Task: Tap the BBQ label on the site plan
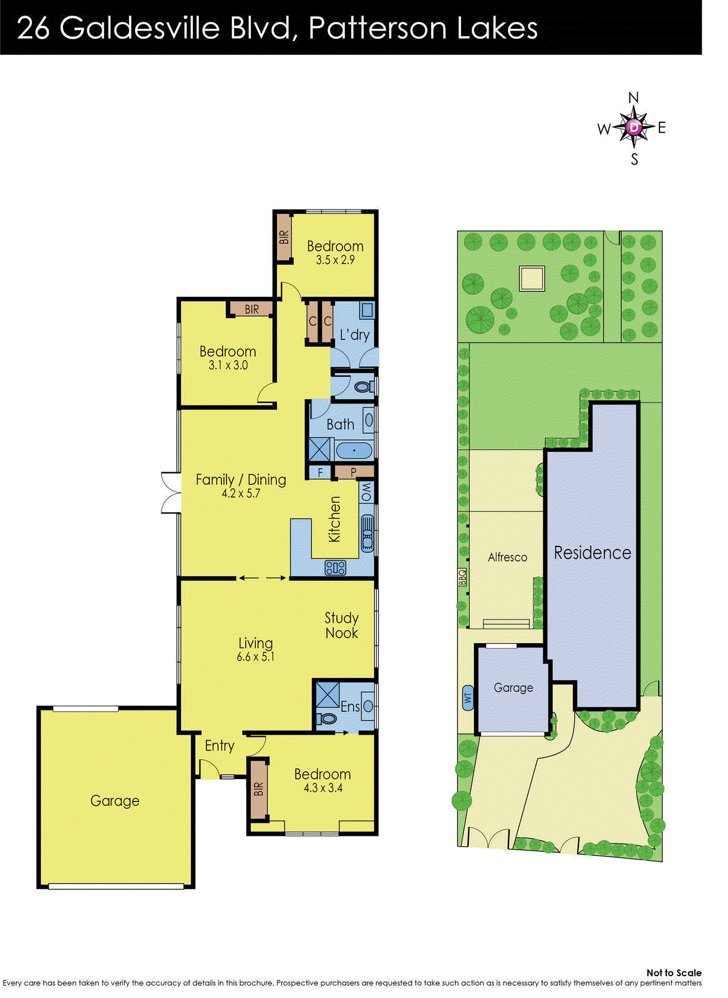click(x=463, y=576)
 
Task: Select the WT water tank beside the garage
click(x=467, y=697)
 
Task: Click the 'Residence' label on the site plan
click(x=592, y=553)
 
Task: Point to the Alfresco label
click(x=507, y=558)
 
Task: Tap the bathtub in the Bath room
click(x=354, y=450)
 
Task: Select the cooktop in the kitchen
click(x=336, y=568)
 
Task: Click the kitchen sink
click(x=367, y=533)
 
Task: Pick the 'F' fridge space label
click(x=320, y=473)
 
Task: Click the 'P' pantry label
click(x=353, y=472)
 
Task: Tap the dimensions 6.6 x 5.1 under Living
click(x=255, y=657)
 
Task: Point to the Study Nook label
click(x=341, y=626)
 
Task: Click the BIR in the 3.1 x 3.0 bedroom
click(x=251, y=309)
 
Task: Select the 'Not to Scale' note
click(x=674, y=972)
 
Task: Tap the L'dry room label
click(x=354, y=335)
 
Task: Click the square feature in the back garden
click(x=531, y=278)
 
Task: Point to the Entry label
click(x=220, y=745)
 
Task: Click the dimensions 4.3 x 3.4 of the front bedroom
click(x=323, y=788)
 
